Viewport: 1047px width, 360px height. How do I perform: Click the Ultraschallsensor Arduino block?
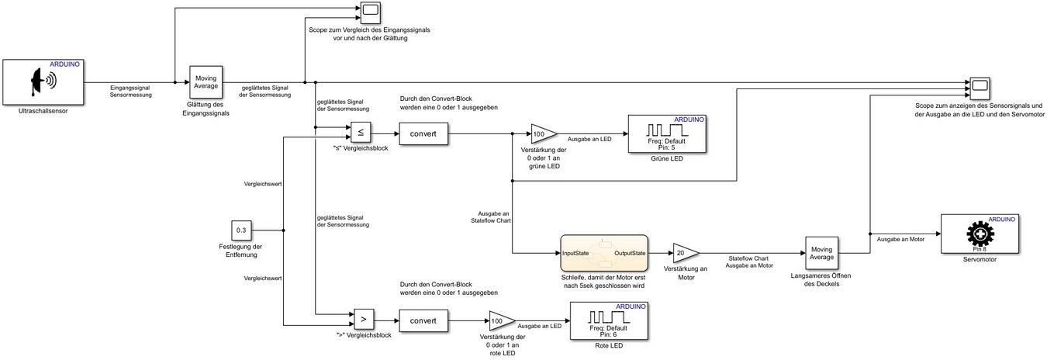click(44, 82)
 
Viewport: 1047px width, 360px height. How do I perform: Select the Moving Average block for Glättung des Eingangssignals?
click(206, 82)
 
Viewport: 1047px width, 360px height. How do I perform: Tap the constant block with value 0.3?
click(241, 230)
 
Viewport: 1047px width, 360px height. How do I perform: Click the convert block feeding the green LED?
click(423, 133)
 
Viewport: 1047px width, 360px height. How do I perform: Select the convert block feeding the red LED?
click(423, 320)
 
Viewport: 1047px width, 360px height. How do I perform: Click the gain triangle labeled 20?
click(683, 253)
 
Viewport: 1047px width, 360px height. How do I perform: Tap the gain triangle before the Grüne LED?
click(541, 133)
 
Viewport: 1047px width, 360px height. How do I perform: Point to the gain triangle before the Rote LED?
click(500, 320)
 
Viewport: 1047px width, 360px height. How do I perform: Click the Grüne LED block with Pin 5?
click(668, 133)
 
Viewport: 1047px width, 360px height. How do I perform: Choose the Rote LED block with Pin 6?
click(610, 320)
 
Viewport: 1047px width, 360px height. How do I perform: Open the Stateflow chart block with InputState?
click(603, 253)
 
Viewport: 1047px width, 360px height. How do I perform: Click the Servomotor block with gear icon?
click(979, 234)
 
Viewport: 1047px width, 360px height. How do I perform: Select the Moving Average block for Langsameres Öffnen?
click(821, 253)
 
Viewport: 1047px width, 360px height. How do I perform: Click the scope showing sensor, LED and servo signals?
click(977, 85)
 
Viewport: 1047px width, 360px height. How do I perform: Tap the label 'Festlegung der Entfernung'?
click(241, 251)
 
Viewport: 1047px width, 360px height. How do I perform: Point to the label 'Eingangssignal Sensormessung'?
click(131, 92)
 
